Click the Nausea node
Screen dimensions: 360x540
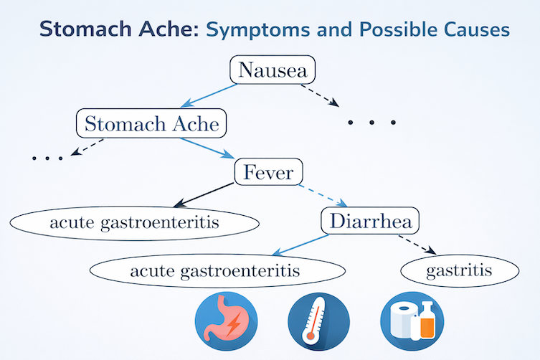point(273,70)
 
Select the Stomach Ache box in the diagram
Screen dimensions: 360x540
point(151,124)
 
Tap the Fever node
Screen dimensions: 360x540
point(270,172)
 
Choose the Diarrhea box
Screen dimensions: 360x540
point(370,221)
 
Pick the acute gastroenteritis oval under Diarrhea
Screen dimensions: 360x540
point(215,270)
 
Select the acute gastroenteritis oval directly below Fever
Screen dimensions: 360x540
point(135,223)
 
